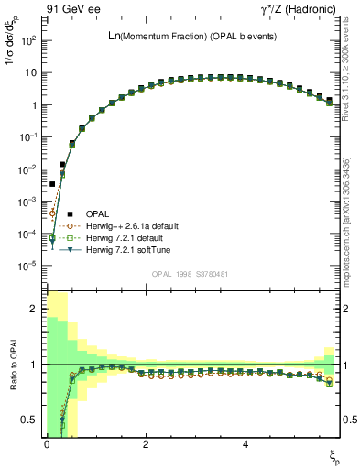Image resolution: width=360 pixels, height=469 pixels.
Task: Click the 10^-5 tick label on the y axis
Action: pos(27,266)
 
